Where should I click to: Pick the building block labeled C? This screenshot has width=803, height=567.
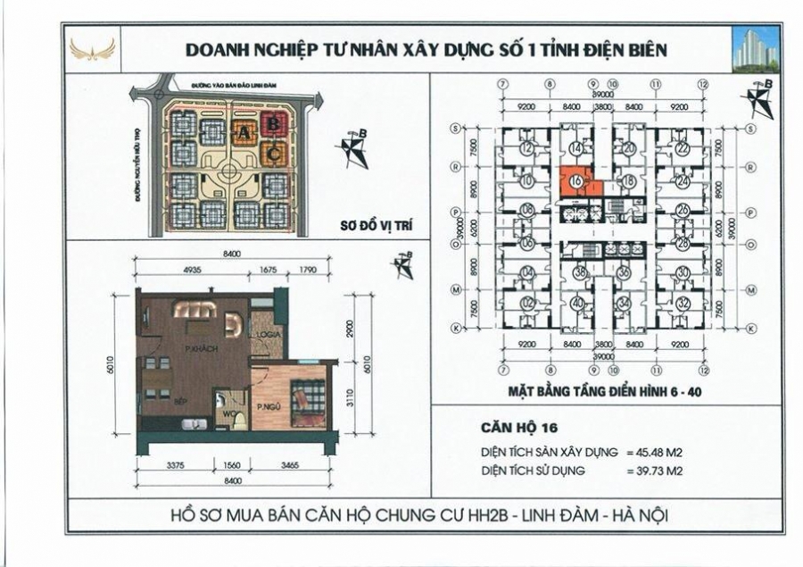tap(275, 153)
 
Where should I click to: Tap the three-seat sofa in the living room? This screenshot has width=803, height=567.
tap(194, 309)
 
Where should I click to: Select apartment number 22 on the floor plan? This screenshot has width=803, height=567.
tap(683, 148)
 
